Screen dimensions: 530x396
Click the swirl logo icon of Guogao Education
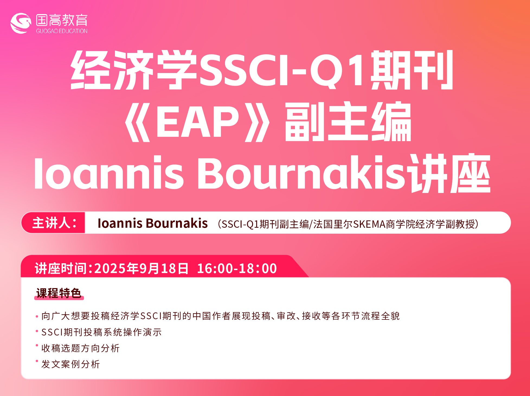point(21,23)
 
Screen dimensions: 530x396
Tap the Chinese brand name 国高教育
point(62,20)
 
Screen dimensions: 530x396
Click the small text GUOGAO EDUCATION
point(62,31)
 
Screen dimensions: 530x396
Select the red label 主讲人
point(54,223)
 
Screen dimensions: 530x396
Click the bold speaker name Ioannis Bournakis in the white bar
point(153,223)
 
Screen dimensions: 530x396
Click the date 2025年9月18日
point(141,268)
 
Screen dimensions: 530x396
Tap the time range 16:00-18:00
point(237,268)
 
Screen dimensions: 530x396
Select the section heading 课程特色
point(59,293)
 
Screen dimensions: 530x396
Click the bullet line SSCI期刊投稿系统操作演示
point(101,332)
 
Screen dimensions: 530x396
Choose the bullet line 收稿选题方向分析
point(81,348)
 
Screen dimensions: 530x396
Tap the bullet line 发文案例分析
point(70,364)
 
